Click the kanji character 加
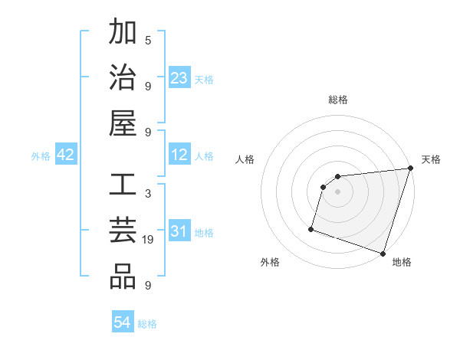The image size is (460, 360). (x=123, y=34)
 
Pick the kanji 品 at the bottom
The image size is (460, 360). (x=123, y=277)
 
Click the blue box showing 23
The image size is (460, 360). (x=179, y=78)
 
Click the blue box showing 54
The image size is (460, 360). (x=122, y=323)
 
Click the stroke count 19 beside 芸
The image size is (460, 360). (x=148, y=240)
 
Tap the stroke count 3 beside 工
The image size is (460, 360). (x=148, y=194)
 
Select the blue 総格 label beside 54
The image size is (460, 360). (x=147, y=324)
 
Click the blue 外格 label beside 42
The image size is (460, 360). (x=41, y=156)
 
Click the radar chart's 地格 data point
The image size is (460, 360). (x=383, y=253)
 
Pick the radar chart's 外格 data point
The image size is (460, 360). (x=311, y=228)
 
